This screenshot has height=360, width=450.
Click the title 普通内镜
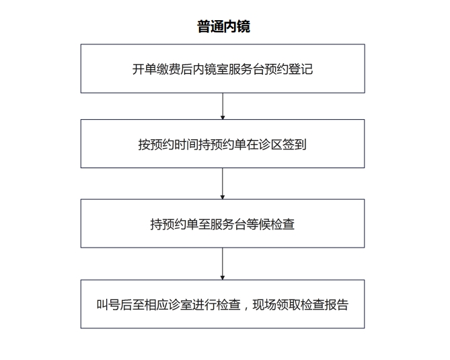coord(223,26)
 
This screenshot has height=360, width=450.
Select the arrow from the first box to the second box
coord(223,106)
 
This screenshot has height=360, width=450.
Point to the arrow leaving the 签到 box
coord(223,184)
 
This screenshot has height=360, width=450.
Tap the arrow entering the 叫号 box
coord(223,264)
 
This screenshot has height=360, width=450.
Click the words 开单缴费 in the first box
coord(156,69)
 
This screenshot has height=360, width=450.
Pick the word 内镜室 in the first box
coord(211,69)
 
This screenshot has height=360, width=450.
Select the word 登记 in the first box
coord(301,69)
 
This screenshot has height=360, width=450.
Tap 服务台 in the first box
coord(246,69)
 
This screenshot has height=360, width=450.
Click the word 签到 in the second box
coord(295,145)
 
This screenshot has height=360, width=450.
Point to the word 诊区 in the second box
coord(270,145)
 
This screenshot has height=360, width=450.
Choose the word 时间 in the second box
coord(186,145)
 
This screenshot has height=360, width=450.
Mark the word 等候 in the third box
coord(258,224)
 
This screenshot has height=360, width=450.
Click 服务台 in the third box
coord(228,224)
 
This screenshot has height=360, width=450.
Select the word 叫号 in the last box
coord(108,305)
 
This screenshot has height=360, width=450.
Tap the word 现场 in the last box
coord(264,305)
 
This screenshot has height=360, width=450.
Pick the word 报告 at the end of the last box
coord(336,305)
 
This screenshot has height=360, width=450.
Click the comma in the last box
coord(246,308)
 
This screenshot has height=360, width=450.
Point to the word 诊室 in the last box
coord(180,305)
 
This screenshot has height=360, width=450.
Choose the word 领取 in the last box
coord(289,305)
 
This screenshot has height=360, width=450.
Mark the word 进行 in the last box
coord(204,305)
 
